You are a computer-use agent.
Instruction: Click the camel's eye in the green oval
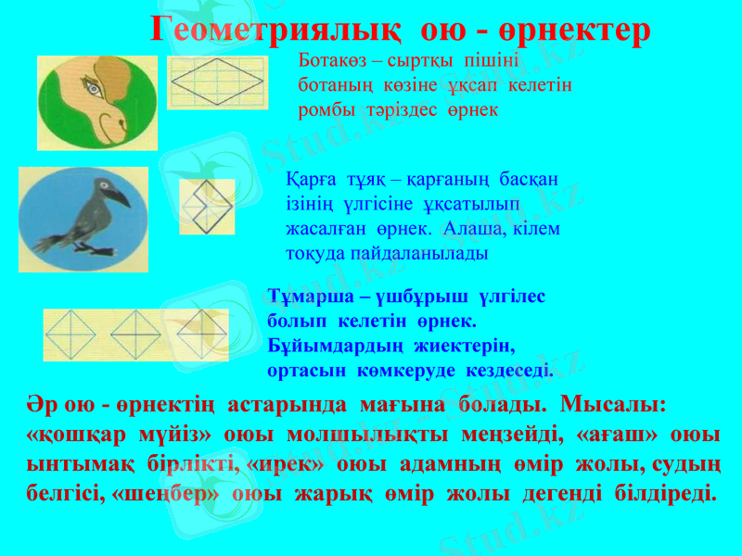tap(93, 89)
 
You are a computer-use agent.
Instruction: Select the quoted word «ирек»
tap(283, 461)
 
